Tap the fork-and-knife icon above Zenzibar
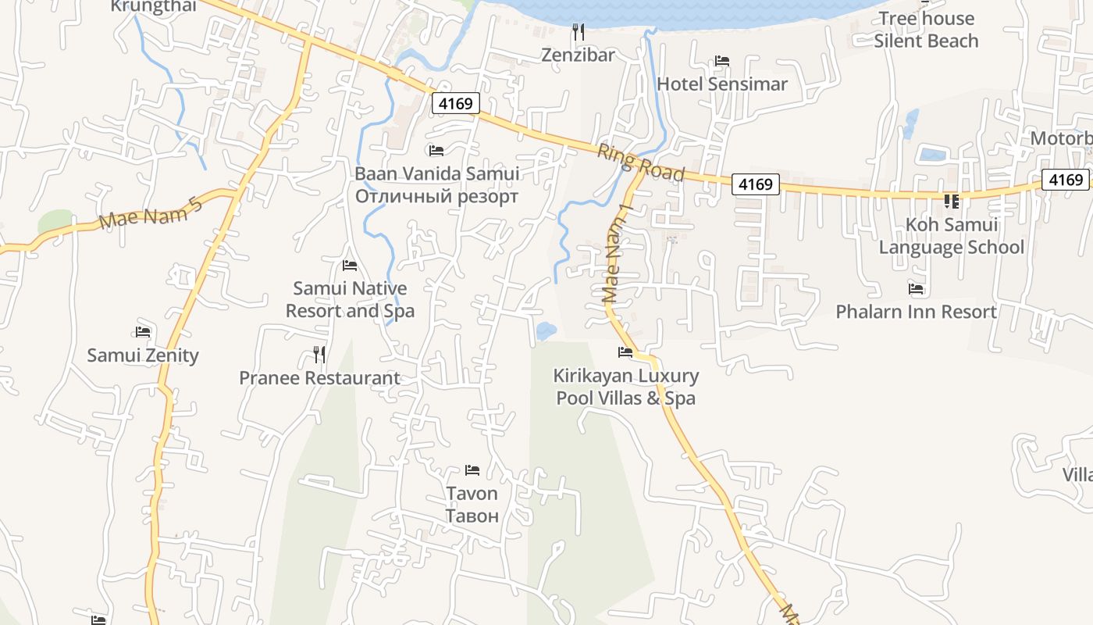coord(579,32)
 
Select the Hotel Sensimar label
coord(722,84)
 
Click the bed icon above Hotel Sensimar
coord(722,61)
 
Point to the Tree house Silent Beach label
coord(926,30)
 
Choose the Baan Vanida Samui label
coord(436,173)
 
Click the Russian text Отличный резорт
coord(436,196)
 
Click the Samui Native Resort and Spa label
coord(350,299)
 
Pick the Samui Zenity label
coord(143,355)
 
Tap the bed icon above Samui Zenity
coord(143,332)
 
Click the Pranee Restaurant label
coord(319,378)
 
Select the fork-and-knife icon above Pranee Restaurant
coord(319,355)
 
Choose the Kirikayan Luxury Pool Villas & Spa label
coord(626,387)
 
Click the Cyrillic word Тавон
coord(472,516)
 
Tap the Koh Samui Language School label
coord(951,236)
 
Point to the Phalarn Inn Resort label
coord(916,312)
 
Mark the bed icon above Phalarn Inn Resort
coord(916,289)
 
